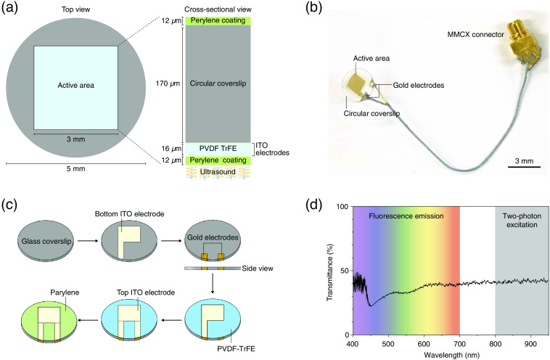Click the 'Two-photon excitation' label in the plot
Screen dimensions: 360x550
tap(520, 220)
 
